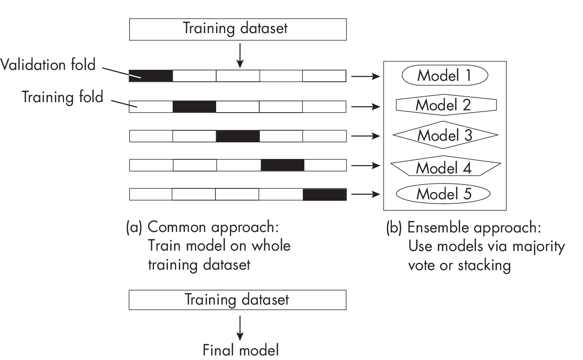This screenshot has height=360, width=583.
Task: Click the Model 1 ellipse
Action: [445, 76]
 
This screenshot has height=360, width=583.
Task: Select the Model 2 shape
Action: [446, 105]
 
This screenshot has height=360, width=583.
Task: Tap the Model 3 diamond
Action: [445, 135]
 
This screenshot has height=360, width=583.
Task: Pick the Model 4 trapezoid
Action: [445, 168]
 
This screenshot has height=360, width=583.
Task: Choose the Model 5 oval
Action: [444, 194]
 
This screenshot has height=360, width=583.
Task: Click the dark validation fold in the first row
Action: [151, 76]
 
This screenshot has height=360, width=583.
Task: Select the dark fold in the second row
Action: [194, 107]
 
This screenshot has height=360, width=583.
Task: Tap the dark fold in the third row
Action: [237, 136]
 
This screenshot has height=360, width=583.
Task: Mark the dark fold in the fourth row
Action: [282, 165]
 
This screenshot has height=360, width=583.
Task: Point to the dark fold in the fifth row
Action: [324, 194]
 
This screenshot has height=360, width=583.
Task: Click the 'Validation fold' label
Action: [48, 65]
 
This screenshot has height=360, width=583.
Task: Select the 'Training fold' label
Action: [63, 97]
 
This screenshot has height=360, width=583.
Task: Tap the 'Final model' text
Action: [240, 350]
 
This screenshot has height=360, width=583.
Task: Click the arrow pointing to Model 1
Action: [366, 76]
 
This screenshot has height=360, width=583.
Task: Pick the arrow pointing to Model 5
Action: [366, 194]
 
